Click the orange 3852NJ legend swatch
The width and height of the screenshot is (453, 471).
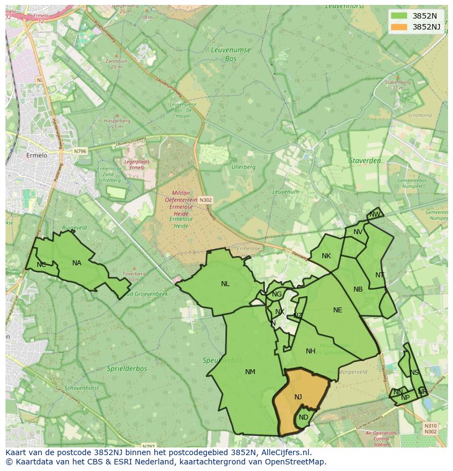pos(399,27)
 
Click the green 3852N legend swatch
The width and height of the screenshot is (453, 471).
pos(399,16)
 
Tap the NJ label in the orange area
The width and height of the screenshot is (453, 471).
pos(298,397)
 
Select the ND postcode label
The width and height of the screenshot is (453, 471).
pos(304,417)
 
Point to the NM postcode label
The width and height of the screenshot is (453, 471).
pos(250,372)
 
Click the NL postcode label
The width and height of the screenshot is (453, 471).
pos(225,284)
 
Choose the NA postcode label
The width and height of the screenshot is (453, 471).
pos(77,263)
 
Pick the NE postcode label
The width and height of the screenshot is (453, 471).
pos(338,310)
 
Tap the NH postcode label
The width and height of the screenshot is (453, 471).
pos(311,351)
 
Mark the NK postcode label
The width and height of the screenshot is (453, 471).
pos(326,256)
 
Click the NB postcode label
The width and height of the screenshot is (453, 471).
pos(358,289)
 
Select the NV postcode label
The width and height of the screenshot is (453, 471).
pos(358,232)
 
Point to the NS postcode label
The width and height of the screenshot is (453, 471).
pos(414,373)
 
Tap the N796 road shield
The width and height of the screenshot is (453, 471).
pos(80,151)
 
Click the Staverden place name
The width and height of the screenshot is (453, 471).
pos(364,161)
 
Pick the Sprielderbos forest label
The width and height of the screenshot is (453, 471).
pos(127,369)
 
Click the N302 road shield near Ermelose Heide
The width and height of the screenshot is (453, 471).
pos(205,200)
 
